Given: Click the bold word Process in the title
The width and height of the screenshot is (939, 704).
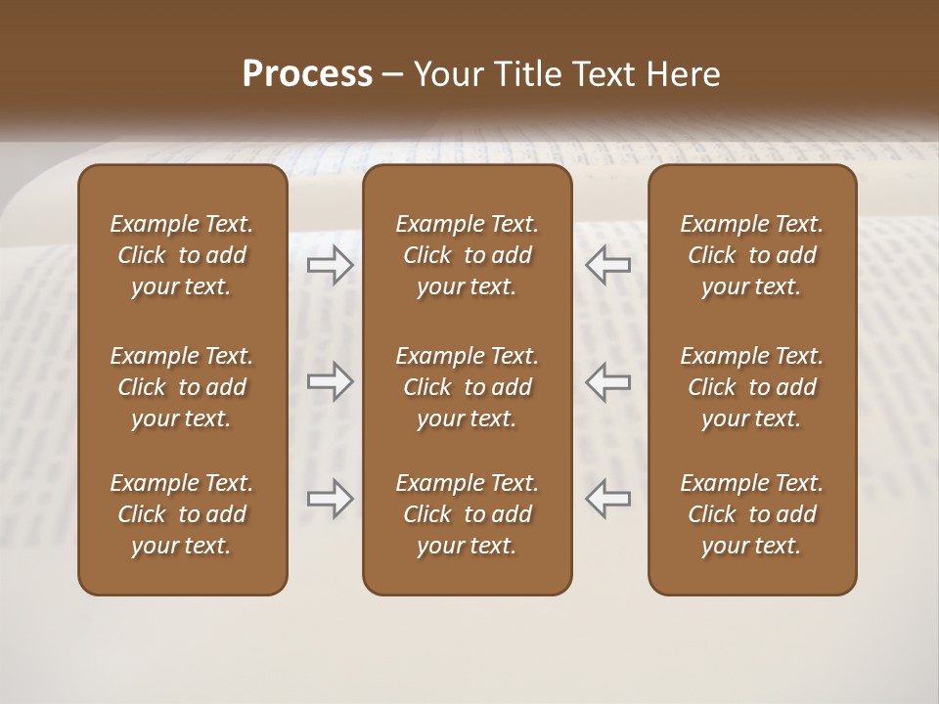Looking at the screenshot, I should [x=307, y=74].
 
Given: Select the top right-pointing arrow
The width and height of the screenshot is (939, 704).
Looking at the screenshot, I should [x=330, y=265].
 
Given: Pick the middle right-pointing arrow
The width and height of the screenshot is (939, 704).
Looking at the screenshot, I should [x=330, y=381].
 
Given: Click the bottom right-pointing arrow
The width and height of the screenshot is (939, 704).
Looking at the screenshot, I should [x=330, y=498].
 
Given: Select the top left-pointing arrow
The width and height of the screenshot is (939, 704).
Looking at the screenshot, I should [x=607, y=265].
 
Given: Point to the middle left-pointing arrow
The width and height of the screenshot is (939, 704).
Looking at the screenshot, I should [x=607, y=381].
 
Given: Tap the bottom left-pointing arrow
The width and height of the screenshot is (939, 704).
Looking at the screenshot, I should [x=607, y=498].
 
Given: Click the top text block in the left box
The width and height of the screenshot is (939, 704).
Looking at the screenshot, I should [x=182, y=255].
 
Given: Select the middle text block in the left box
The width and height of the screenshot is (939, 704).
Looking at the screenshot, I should [x=182, y=387].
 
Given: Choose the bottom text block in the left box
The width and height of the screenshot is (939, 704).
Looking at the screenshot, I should [x=182, y=514].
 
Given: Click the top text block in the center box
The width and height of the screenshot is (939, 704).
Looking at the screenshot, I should [x=467, y=255].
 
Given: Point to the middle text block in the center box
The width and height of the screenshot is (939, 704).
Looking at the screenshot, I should [x=467, y=387].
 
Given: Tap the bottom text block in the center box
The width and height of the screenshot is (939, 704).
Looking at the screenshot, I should [x=467, y=514].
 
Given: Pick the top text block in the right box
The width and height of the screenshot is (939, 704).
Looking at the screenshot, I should [x=751, y=255].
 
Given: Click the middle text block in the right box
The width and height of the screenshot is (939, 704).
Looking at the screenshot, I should [x=751, y=387].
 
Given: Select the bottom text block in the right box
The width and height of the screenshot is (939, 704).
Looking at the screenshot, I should [x=751, y=514].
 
